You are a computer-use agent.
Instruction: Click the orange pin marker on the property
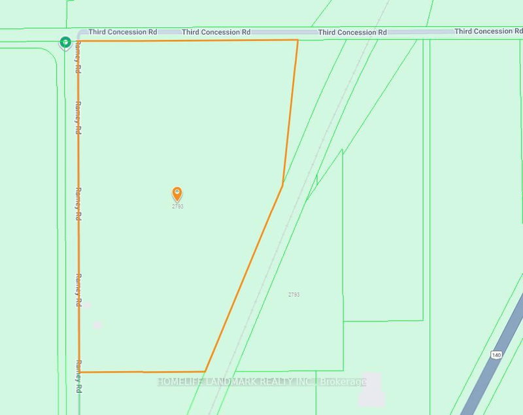pyautogui.click(x=177, y=193)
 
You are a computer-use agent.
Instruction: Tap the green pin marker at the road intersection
pyautogui.click(x=65, y=43)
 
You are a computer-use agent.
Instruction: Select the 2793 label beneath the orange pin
pyautogui.click(x=177, y=207)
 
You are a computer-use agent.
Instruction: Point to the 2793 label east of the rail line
pyautogui.click(x=294, y=295)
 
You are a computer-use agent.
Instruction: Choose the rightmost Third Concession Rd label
pyautogui.click(x=488, y=31)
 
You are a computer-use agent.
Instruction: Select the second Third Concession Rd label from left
pyautogui.click(x=216, y=31)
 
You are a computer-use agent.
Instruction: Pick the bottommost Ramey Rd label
pyautogui.click(x=78, y=375)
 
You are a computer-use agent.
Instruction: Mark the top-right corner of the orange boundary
pyautogui.click(x=298, y=40)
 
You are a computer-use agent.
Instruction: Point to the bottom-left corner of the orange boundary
pyautogui.click(x=80, y=372)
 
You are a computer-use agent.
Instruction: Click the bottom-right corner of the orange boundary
pyautogui.click(x=205, y=371)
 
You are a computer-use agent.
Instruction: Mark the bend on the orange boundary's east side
pyautogui.click(x=282, y=185)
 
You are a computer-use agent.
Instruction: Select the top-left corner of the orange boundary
pyautogui.click(x=79, y=41)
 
